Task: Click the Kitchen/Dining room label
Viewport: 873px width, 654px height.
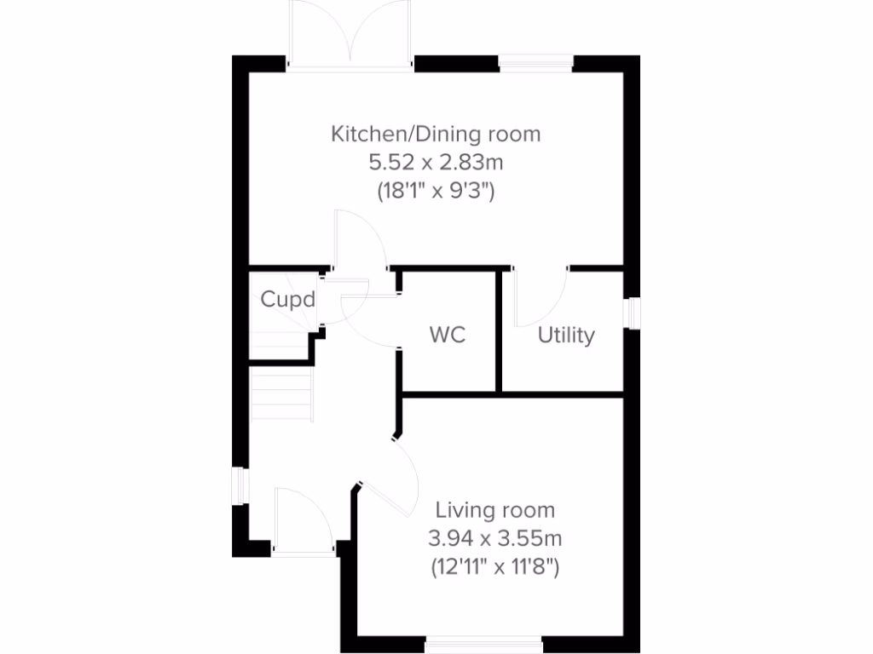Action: (436, 134)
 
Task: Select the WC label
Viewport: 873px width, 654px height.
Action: (448, 335)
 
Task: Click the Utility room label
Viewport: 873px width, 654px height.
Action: (566, 336)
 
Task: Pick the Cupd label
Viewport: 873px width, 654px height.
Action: (288, 300)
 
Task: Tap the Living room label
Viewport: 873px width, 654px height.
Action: (495, 510)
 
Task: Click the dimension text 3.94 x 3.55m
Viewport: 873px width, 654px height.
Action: (495, 538)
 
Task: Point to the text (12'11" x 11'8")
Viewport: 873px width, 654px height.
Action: (495, 566)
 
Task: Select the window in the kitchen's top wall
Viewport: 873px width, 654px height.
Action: (535, 62)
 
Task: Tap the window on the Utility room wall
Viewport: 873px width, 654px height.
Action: (633, 313)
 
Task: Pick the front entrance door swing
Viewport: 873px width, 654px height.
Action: (303, 521)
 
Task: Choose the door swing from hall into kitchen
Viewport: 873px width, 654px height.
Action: (358, 243)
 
